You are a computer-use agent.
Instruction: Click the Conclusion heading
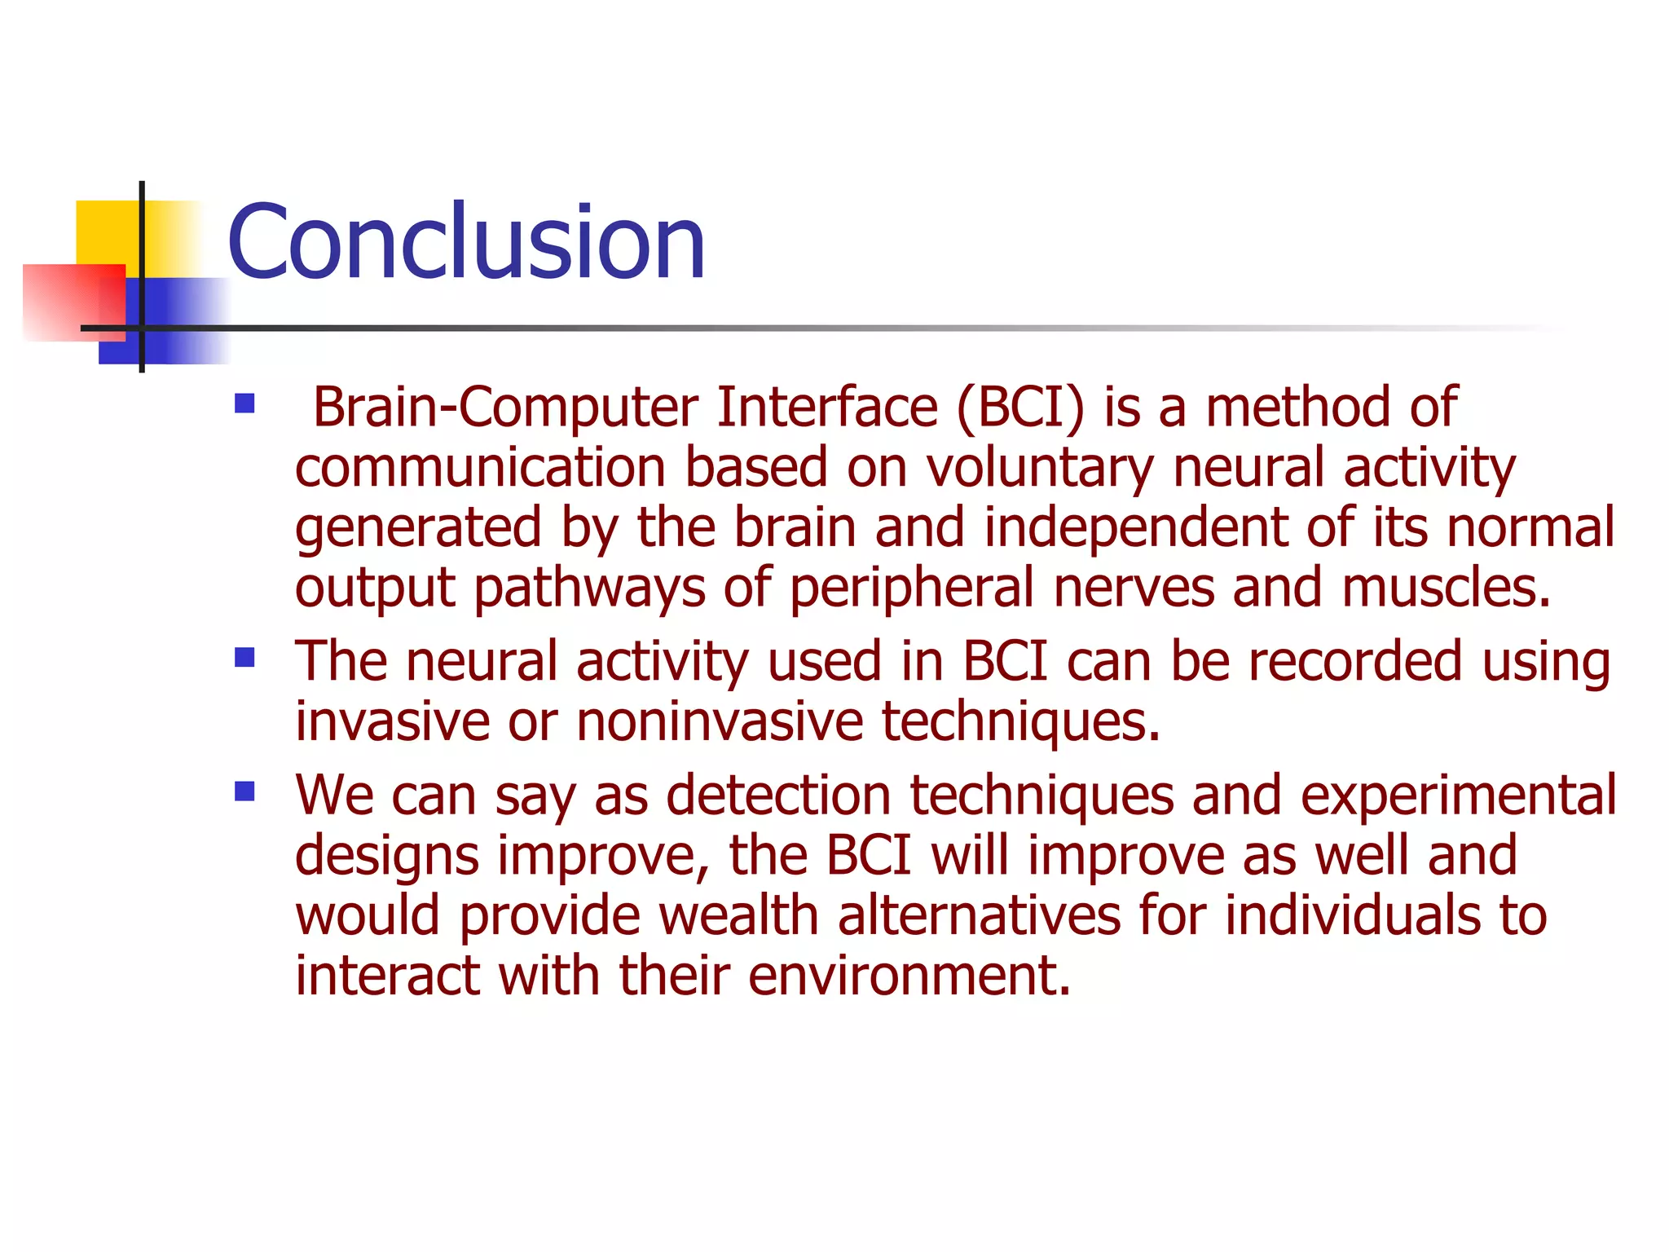466,242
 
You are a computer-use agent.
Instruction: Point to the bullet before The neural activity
244,658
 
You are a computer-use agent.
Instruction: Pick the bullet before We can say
244,791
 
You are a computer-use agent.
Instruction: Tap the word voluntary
1040,468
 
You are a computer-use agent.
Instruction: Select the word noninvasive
720,721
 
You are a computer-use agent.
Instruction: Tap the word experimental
1458,796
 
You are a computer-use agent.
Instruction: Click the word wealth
738,915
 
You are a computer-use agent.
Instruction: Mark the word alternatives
979,915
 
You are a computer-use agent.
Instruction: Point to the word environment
909,976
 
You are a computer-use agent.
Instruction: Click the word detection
778,796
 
